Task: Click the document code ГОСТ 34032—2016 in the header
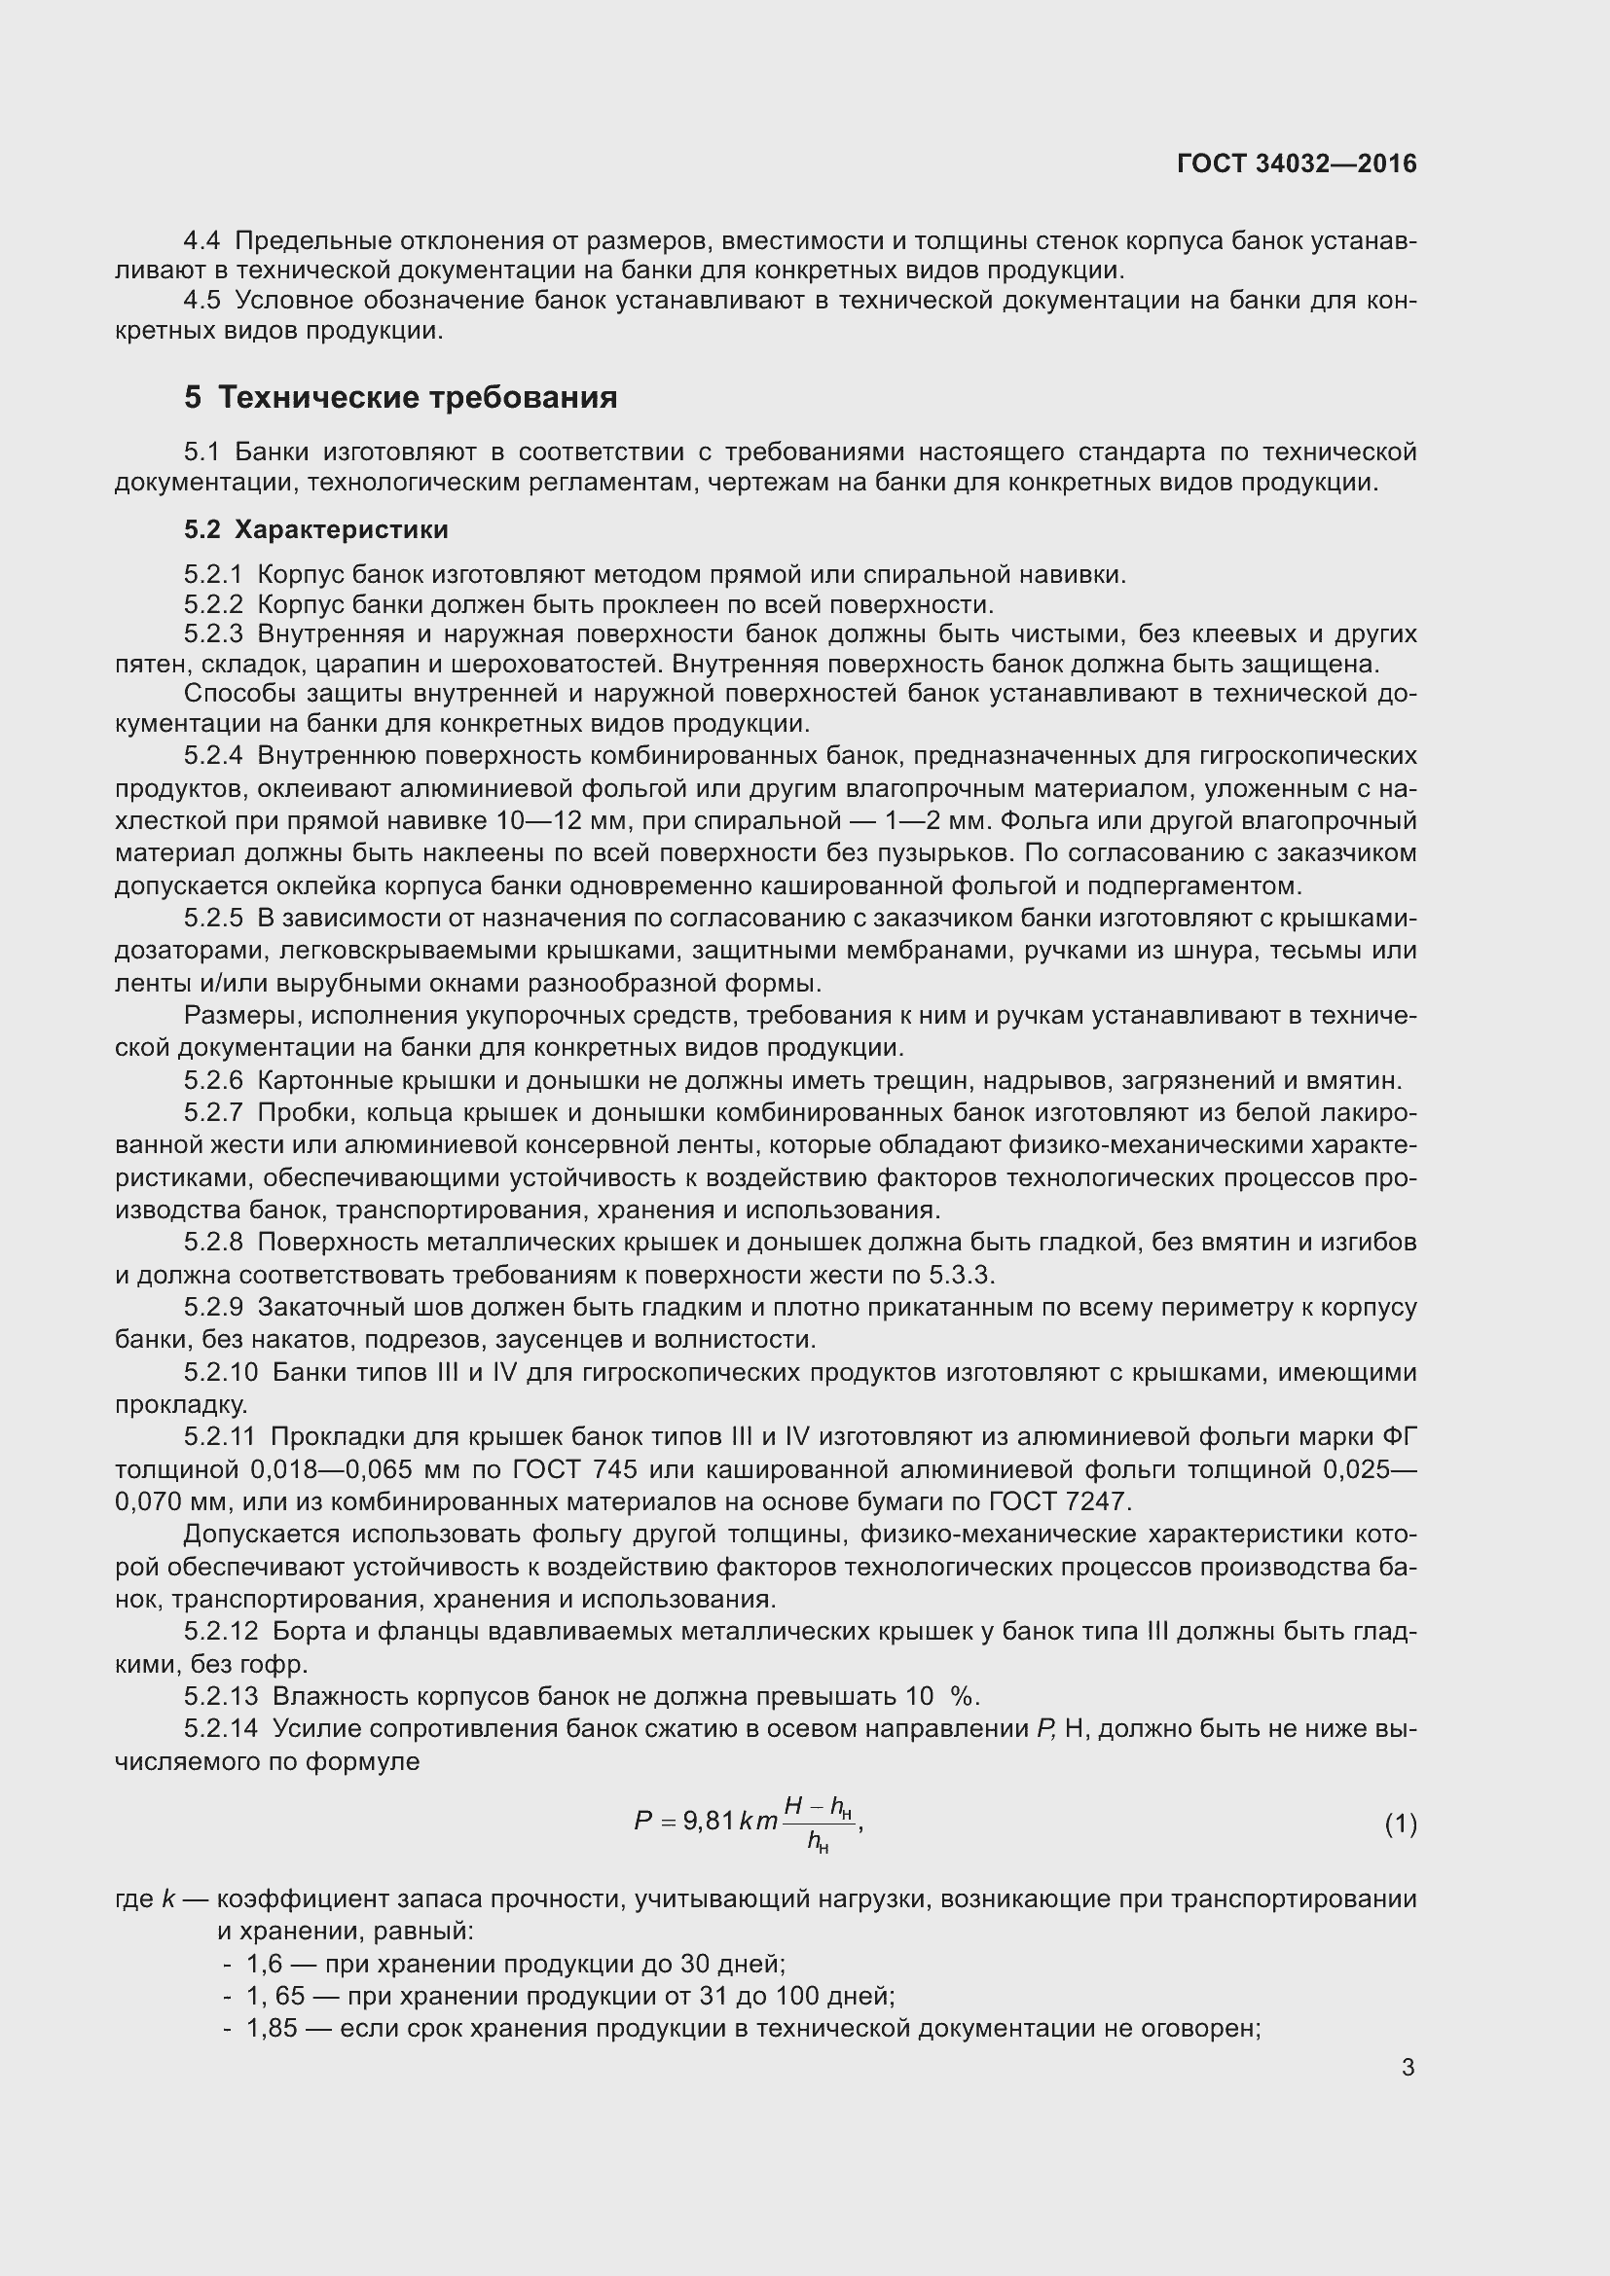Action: [1297, 163]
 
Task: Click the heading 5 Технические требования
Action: [400, 398]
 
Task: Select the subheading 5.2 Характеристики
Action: [315, 529]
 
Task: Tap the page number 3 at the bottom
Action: [1408, 2067]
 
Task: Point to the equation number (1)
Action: [1400, 1824]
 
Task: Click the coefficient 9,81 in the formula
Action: [709, 1821]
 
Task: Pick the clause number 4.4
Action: [202, 241]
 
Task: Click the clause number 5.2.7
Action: [213, 1113]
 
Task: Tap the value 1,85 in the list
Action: [272, 2028]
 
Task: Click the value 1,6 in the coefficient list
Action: [265, 1964]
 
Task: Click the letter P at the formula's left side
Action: [643, 1821]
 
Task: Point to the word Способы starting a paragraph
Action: [234, 693]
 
